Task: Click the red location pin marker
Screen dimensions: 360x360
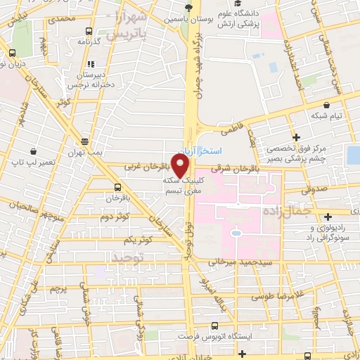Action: [181, 165]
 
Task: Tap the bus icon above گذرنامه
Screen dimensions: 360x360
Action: [88, 32]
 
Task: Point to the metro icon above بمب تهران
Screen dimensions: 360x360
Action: [84, 142]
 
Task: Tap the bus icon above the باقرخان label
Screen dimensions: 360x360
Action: [117, 188]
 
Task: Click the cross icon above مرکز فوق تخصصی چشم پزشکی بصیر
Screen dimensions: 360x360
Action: [297, 136]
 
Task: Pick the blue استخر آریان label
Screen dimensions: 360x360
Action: [211, 151]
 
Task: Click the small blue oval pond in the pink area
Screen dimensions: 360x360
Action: [237, 231]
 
